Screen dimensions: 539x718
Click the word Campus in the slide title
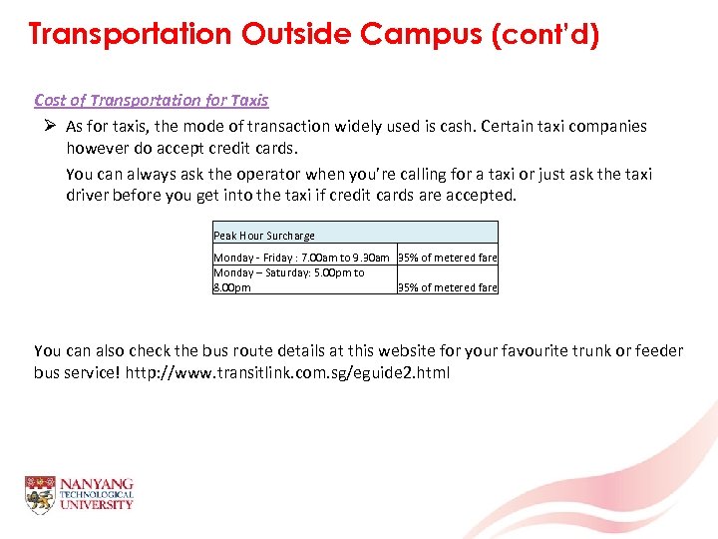[423, 35]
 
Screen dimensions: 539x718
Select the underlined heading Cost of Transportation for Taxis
[151, 100]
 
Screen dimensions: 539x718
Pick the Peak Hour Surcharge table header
[264, 236]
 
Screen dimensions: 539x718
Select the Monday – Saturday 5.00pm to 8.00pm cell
[289, 279]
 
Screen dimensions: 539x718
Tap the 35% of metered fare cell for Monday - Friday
[448, 258]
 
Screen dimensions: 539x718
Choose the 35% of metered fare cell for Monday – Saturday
[448, 287]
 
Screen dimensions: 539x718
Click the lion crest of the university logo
[40, 495]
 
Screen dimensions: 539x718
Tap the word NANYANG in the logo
[97, 484]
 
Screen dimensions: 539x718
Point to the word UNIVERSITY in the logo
[97, 505]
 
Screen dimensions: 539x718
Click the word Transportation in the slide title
[130, 35]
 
